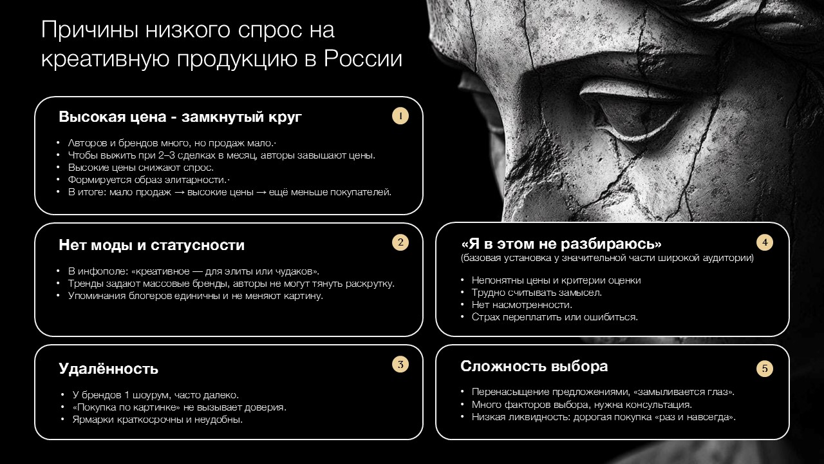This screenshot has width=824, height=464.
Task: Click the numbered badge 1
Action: coord(400,116)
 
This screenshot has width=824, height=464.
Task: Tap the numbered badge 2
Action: coord(400,242)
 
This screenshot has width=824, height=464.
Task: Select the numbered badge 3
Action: coord(400,364)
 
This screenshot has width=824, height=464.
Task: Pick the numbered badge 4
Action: coord(765,242)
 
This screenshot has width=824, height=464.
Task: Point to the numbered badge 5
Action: coord(765,369)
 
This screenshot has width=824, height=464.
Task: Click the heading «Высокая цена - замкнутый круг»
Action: coord(180,117)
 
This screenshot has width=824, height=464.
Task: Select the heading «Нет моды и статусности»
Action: coord(151,245)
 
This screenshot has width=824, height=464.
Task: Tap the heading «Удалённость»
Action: coord(108,369)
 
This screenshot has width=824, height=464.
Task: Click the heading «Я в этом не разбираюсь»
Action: coord(561,244)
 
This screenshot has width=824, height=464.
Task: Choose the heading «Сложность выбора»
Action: coord(534,366)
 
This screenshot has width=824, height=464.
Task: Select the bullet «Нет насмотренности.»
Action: coord(521,305)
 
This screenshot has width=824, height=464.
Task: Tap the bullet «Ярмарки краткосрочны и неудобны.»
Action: coord(158,420)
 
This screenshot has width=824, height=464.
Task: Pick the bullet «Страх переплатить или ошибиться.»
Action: coord(554,317)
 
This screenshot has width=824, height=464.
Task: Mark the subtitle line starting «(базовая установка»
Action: coord(606,258)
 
